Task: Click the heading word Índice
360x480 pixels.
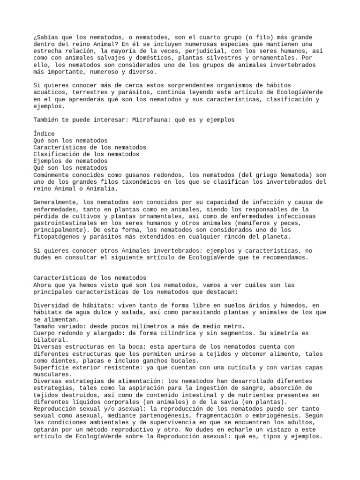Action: tap(44, 134)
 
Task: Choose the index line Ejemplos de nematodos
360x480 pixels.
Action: tap(70, 161)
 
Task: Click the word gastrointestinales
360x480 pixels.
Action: tap(65, 223)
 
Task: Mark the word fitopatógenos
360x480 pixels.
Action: tap(56, 237)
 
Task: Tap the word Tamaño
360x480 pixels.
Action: tap(44, 326)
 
